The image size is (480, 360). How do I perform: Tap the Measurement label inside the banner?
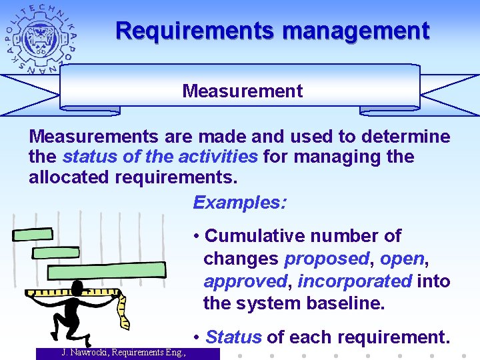242,91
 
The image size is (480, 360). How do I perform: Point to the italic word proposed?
327,259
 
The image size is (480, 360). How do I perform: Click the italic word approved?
245,281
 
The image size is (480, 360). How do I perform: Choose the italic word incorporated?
355,281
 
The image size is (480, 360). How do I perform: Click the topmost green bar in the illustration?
33,234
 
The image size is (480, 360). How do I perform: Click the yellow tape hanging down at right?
121,307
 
